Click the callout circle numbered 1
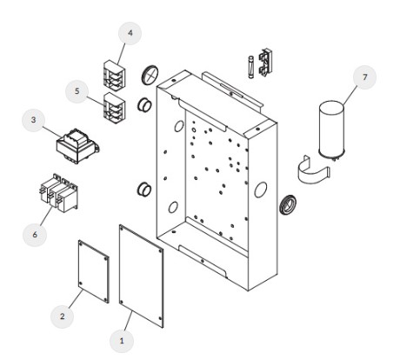click(122, 341)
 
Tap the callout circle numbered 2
click(62, 317)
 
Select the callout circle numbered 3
click(34, 120)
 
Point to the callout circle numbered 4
click(130, 33)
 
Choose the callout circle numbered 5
click(77, 91)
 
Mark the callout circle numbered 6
click(35, 235)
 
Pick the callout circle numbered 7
click(364, 77)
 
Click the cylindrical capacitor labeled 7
click(331, 130)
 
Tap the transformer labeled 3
click(78, 146)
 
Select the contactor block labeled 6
click(59, 193)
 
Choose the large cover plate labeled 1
click(141, 276)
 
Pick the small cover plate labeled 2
click(94, 271)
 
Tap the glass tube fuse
click(251, 67)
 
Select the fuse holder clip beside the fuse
click(266, 63)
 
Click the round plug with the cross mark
click(150, 74)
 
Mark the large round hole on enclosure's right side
click(260, 190)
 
